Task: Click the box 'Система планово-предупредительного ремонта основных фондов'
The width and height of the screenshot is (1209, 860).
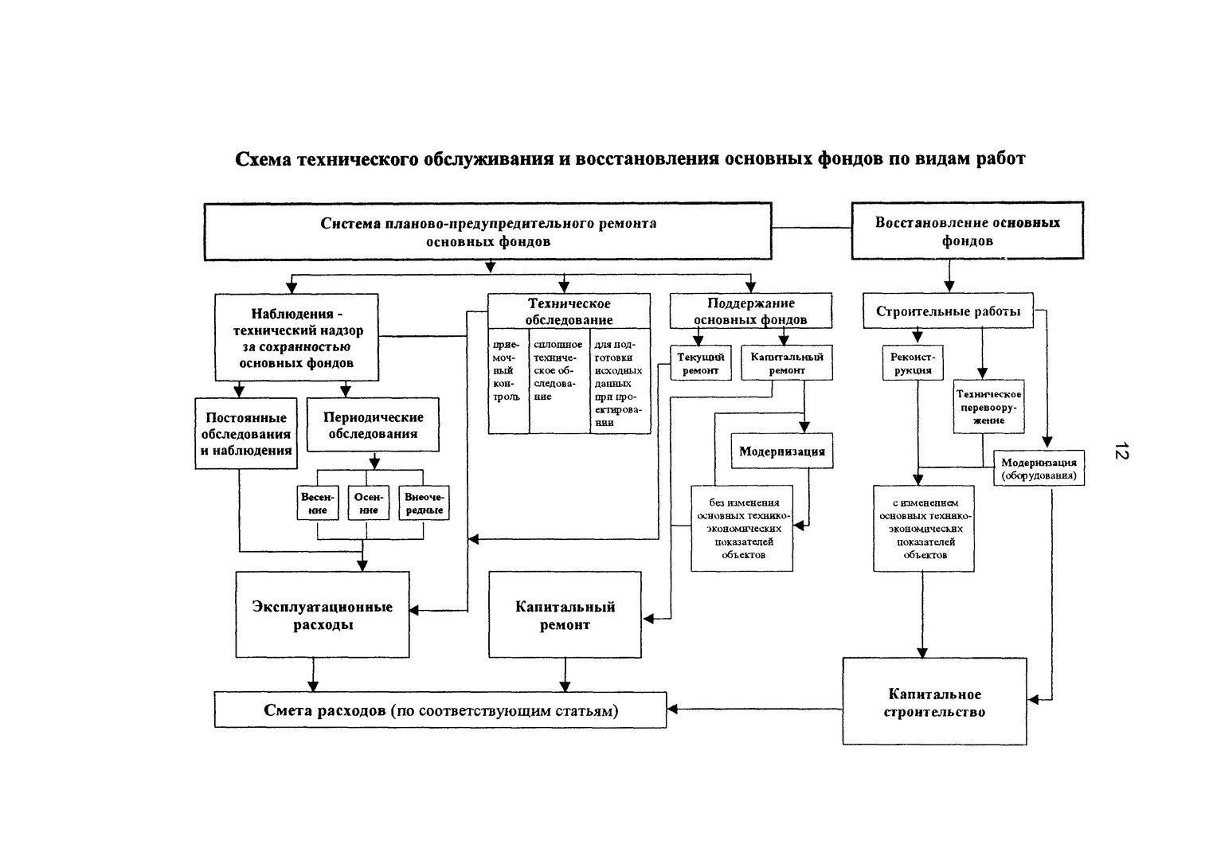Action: click(488, 232)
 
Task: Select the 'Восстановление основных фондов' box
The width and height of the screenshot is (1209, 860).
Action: click(967, 231)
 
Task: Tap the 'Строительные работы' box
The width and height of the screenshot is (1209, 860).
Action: click(948, 311)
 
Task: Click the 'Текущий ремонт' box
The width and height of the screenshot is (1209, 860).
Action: click(700, 363)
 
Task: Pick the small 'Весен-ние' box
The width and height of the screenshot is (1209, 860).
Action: click(318, 502)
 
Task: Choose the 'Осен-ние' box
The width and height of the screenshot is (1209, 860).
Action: click(368, 502)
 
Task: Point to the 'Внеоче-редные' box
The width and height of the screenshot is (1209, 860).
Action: click(424, 502)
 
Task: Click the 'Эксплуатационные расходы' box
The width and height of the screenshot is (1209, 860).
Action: click(323, 615)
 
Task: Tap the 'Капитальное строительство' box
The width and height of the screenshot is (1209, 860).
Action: click(935, 702)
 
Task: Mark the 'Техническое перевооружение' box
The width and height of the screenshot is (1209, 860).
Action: click(988, 406)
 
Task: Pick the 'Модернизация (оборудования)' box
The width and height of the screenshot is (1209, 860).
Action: click(1039, 468)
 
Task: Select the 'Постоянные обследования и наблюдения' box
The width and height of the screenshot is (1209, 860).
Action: click(245, 433)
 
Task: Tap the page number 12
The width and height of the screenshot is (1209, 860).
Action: click(1121, 450)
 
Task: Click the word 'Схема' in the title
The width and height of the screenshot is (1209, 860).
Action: click(262, 158)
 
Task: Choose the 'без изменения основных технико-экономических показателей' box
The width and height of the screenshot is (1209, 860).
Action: click(741, 528)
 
